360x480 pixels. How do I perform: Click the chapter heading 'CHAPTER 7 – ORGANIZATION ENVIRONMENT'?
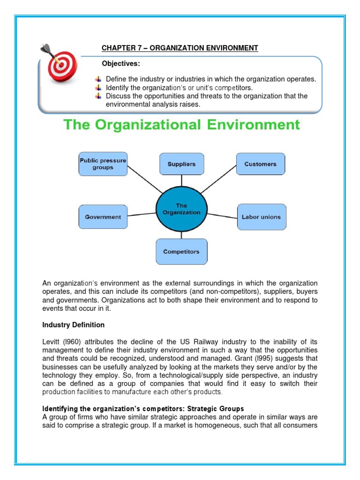pyautogui.click(x=180, y=48)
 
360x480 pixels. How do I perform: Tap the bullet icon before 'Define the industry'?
pyautogui.click(x=98, y=79)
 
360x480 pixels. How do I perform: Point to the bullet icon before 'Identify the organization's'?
pyautogui.click(x=98, y=88)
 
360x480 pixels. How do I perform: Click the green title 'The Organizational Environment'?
pyautogui.click(x=181, y=125)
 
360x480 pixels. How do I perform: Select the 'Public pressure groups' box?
pyautogui.click(x=103, y=164)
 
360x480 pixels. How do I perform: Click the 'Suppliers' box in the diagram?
pyautogui.click(x=181, y=164)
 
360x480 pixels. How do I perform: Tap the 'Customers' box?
pyautogui.click(x=260, y=164)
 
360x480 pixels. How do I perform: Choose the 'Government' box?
pyautogui.click(x=103, y=217)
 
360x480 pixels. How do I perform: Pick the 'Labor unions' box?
pyautogui.click(x=261, y=217)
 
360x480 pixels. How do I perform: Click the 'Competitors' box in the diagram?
pyautogui.click(x=181, y=252)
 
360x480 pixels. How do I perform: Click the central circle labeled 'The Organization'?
pyautogui.click(x=181, y=209)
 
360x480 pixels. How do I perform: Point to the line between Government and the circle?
pyautogui.click(x=141, y=215)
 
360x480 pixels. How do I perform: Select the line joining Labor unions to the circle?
pyautogui.click(x=222, y=216)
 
